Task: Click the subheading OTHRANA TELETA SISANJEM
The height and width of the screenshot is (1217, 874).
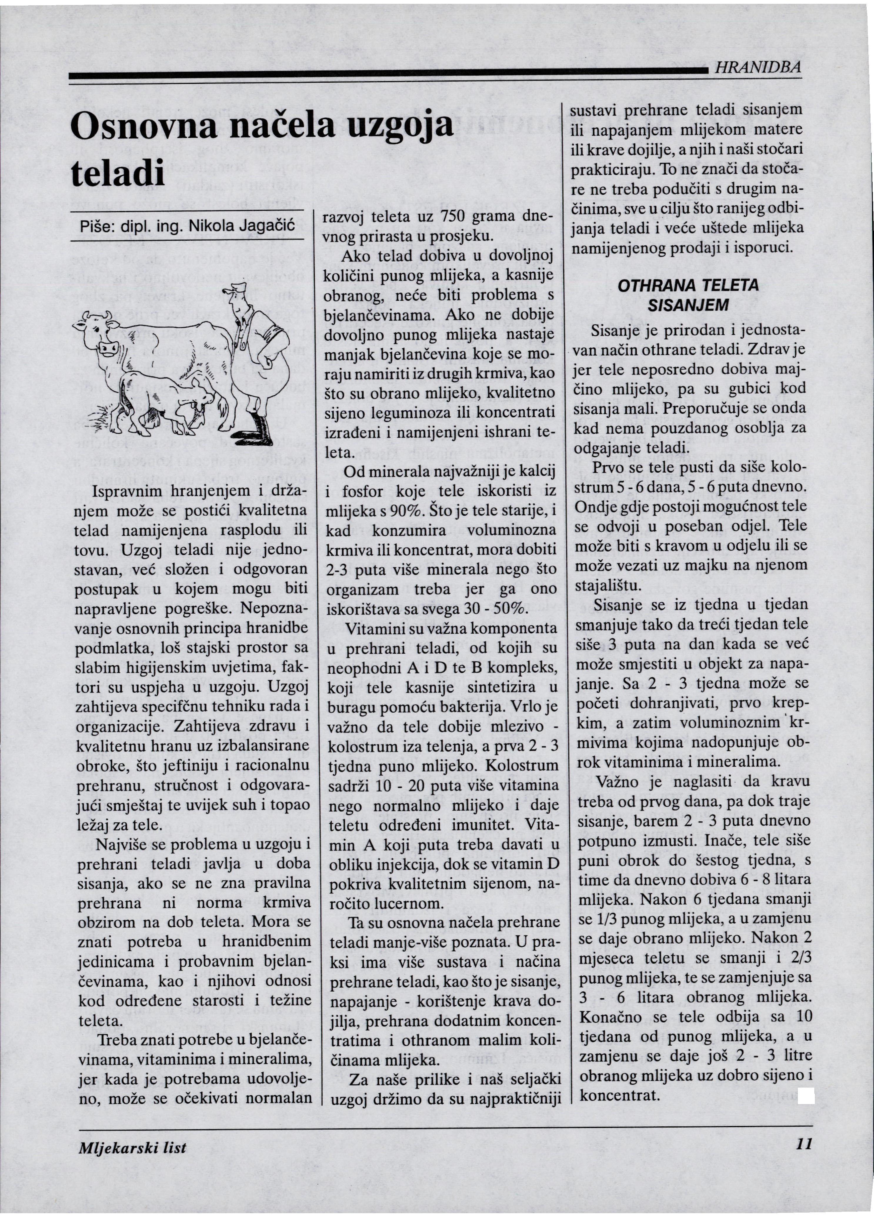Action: [688, 295]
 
